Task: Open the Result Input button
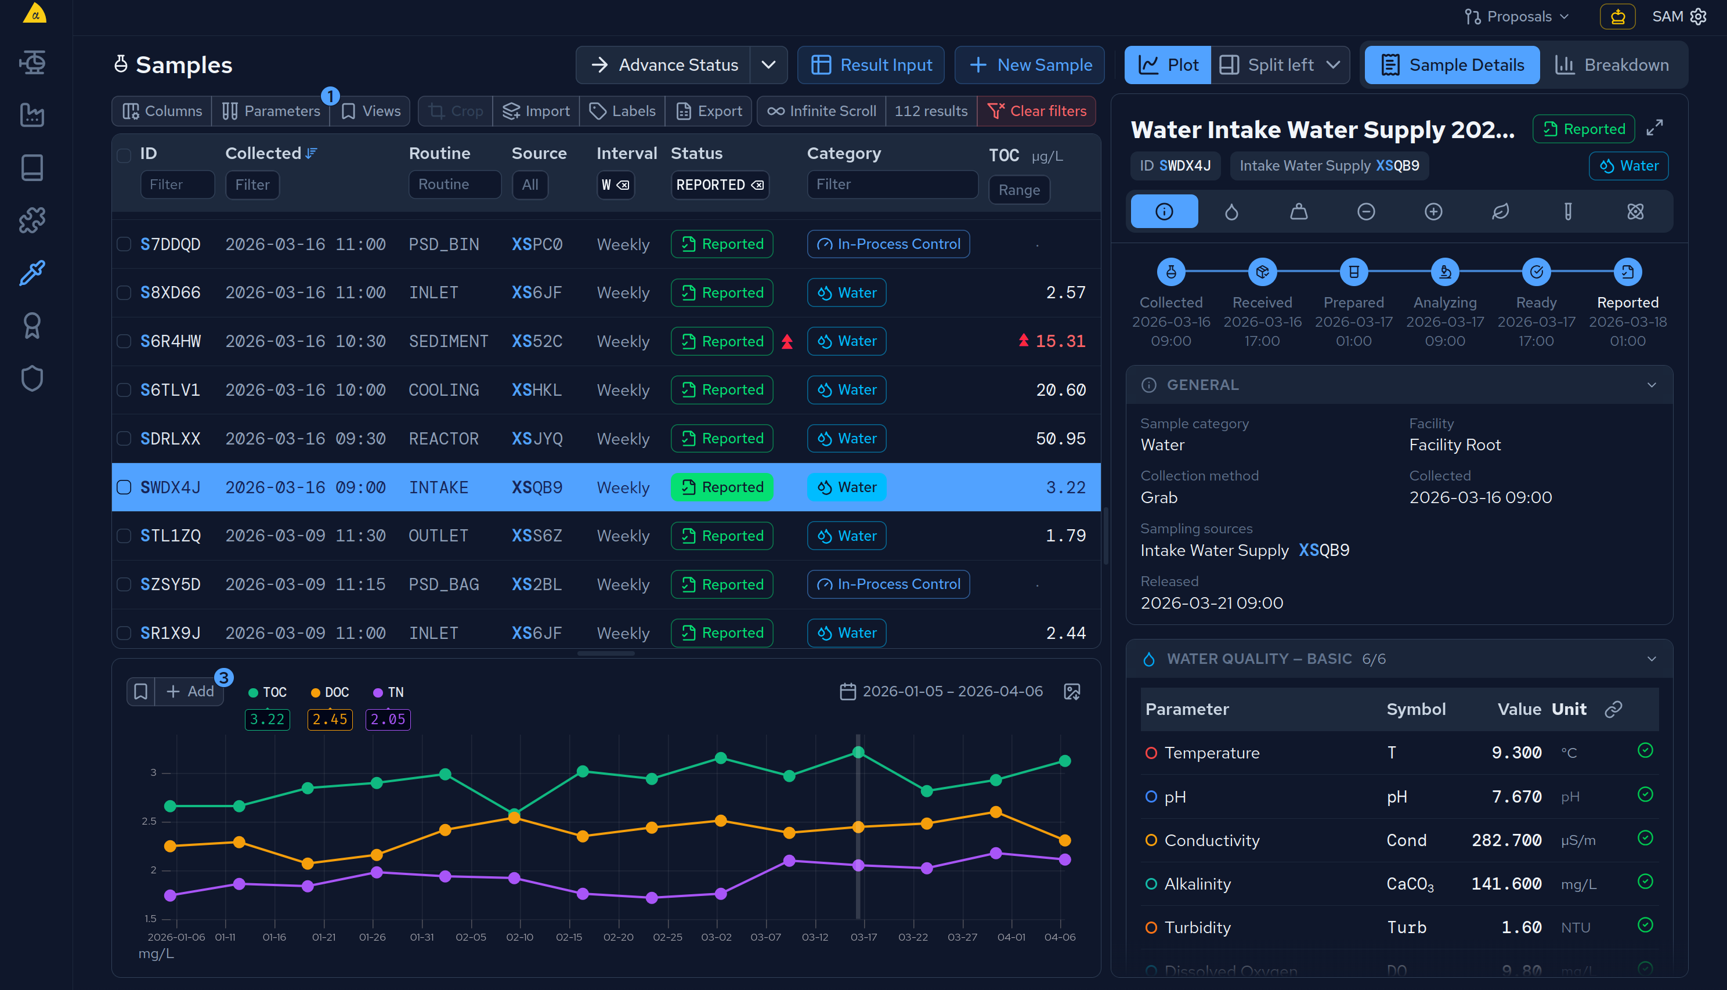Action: coord(871,64)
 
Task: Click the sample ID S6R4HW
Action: coord(170,341)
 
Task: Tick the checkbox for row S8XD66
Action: coord(124,292)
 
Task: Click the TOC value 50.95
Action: coord(1060,439)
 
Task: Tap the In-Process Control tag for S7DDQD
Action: coord(888,244)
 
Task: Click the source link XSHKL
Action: coord(536,389)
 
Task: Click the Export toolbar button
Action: coord(709,111)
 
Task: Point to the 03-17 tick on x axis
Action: coord(863,937)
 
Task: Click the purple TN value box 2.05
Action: coord(388,720)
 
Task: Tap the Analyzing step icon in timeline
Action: coord(1445,272)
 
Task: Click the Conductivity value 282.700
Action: coord(1506,840)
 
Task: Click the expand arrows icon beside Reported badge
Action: coord(1654,128)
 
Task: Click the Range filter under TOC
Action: coord(1018,190)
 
